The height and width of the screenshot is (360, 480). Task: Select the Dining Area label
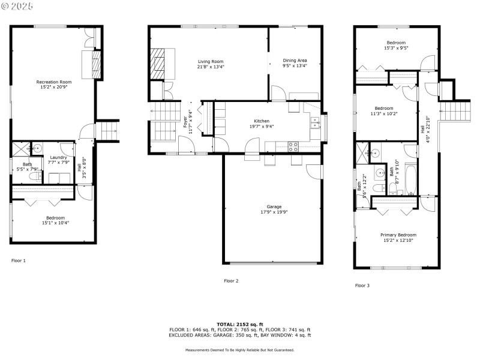pos(295,61)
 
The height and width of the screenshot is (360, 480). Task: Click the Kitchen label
pos(261,121)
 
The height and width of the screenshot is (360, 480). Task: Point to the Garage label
pos(274,207)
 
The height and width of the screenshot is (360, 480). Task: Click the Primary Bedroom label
pos(398,235)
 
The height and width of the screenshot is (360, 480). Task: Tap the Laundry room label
pos(58,157)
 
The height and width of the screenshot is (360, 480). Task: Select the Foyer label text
pos(185,122)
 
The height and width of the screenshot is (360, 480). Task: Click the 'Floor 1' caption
pos(19,260)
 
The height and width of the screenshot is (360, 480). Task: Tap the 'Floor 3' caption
pos(362,286)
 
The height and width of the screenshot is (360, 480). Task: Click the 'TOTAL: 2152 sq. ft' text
pos(240,324)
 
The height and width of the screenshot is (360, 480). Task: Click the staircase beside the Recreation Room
pos(107,130)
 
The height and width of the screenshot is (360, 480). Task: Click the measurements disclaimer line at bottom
pos(239,349)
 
